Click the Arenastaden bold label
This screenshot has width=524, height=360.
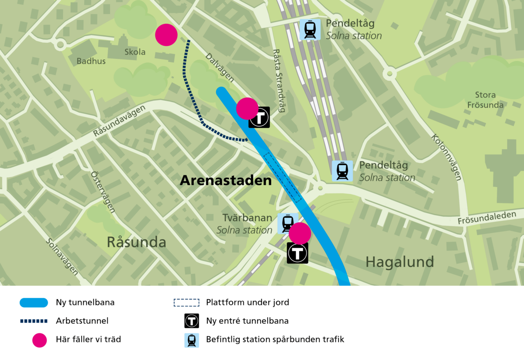(x=226, y=180)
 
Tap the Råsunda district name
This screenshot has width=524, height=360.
(x=137, y=242)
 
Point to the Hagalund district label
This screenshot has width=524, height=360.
(x=400, y=262)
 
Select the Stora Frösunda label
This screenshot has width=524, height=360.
(x=485, y=100)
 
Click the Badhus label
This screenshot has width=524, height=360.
(x=91, y=61)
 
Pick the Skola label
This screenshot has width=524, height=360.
(x=135, y=52)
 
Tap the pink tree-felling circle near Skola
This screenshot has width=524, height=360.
(x=166, y=35)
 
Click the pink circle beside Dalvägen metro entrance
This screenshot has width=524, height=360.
(x=247, y=108)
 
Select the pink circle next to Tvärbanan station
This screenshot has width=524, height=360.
(x=300, y=233)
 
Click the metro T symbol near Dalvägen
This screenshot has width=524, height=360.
(x=259, y=117)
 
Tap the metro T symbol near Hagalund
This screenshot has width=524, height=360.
(x=298, y=253)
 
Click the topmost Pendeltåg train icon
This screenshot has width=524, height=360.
(x=310, y=30)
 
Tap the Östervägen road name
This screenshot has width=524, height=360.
(x=103, y=192)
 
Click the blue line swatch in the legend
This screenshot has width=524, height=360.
(x=34, y=302)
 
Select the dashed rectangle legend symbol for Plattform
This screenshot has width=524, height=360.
(x=186, y=302)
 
